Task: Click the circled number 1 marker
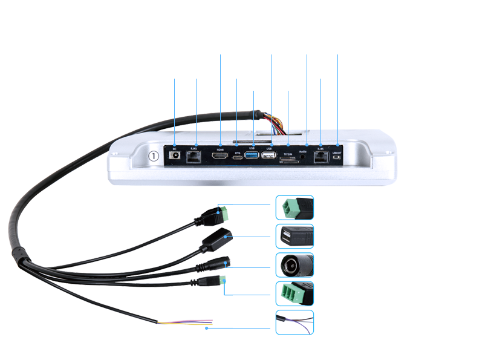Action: (154, 155)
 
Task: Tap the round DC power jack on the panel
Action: (176, 156)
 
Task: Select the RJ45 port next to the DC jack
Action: (195, 156)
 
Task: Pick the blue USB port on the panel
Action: (252, 157)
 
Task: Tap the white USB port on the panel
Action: (270, 157)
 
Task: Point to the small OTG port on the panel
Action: (238, 157)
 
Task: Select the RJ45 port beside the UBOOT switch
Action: (321, 156)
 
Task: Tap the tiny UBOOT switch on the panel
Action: (337, 158)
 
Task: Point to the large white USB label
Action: (253, 87)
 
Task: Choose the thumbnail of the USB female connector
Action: (294, 237)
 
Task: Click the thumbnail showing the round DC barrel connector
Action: (294, 265)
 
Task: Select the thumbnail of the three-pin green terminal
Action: (294, 293)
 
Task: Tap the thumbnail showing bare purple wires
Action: (294, 322)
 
